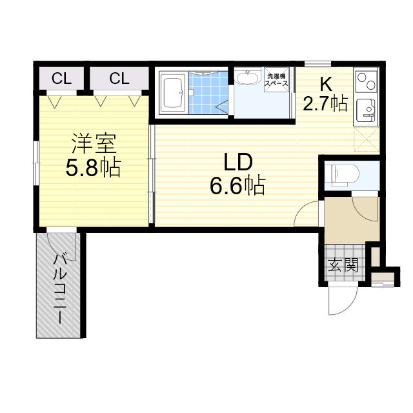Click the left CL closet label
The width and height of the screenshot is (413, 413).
coord(62,79)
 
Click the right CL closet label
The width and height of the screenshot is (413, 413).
coord(119,79)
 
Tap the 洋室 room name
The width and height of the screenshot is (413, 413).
coord(94,144)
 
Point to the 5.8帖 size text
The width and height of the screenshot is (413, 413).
coord(93,168)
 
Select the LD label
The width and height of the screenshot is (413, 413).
coord(238,162)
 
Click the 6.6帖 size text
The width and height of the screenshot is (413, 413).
coord(237,185)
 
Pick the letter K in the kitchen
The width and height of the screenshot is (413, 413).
coord(325,85)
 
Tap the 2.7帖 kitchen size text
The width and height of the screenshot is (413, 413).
coord(325,104)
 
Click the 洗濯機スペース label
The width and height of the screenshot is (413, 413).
coord(277,80)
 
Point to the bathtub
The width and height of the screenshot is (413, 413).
coord(172,94)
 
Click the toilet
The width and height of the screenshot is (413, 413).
coord(342,174)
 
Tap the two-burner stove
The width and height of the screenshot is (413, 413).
coord(367,80)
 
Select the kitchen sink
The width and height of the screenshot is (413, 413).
coord(366,110)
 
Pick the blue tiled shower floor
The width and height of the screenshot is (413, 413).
coord(208,92)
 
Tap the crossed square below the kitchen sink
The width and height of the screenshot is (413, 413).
coord(367,139)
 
